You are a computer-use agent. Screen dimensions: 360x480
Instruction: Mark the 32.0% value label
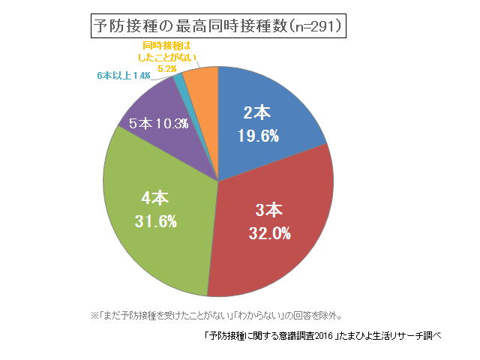269,233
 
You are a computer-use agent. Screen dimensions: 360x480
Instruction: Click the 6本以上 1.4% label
124,76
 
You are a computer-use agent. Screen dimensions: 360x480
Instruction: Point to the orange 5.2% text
167,68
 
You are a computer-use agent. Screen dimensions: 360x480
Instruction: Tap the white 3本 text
270,209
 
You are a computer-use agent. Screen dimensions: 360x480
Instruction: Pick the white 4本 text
155,198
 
